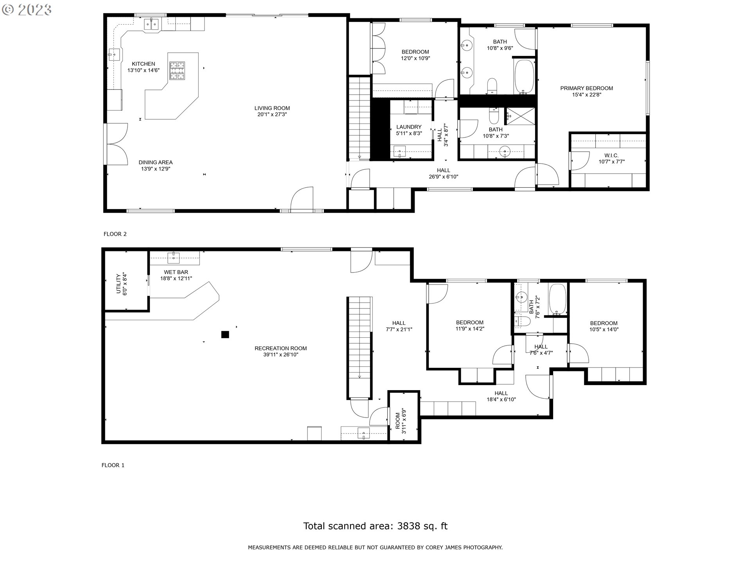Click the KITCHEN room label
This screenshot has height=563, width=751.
(x=143, y=64)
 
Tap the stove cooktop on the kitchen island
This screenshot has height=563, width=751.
(x=177, y=71)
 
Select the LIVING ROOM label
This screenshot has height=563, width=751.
(x=272, y=108)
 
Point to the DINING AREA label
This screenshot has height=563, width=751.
(x=156, y=162)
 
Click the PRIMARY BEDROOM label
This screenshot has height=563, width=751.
(x=587, y=88)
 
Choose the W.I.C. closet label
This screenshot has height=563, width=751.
(x=611, y=156)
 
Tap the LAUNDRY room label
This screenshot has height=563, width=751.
(x=409, y=127)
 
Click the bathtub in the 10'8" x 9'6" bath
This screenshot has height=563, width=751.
(x=524, y=77)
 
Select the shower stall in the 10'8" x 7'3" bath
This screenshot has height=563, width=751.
(x=520, y=116)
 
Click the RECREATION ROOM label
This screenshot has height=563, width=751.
(x=280, y=348)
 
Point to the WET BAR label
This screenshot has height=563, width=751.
(x=176, y=272)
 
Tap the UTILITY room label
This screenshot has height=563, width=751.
(x=119, y=284)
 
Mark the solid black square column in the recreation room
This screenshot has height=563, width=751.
(x=225, y=334)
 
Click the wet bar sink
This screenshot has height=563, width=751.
(x=173, y=258)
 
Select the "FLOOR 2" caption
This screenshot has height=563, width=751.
(x=115, y=234)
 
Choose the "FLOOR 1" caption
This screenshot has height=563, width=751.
(x=113, y=465)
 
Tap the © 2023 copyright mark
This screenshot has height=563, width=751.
(x=27, y=10)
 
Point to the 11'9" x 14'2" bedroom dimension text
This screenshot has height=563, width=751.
(x=470, y=329)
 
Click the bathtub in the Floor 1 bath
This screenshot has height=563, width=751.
(x=557, y=299)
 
